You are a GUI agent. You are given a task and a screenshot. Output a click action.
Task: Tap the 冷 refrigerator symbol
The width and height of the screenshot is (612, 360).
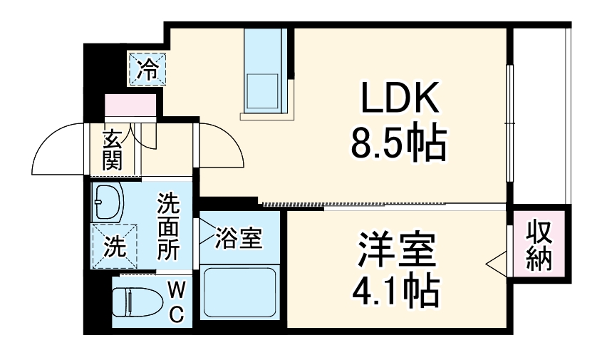tap(148, 70)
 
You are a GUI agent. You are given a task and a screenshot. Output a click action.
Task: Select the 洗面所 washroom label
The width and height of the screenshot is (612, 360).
tap(169, 227)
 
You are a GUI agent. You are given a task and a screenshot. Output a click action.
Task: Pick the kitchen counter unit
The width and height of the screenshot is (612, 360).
tap(264, 71)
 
